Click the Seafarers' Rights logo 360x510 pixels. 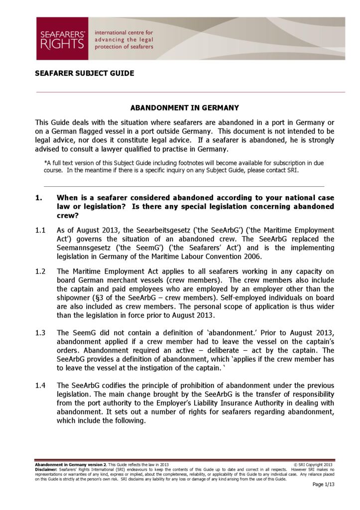point(62,39)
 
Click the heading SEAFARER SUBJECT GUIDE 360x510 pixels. point(84,73)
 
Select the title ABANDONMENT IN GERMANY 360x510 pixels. point(185,108)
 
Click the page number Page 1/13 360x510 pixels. point(323,484)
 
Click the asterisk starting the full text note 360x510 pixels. point(45,162)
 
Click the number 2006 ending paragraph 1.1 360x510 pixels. point(251,256)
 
